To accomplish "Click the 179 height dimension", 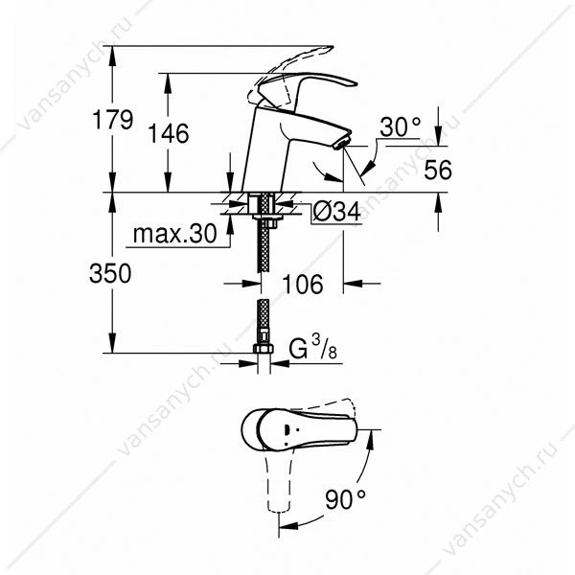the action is pyautogui.click(x=112, y=120).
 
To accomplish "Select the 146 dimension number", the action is pyautogui.click(x=169, y=133).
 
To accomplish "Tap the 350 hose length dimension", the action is pyautogui.click(x=110, y=273).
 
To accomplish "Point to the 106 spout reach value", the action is pyautogui.click(x=303, y=284).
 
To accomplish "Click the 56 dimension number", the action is pyautogui.click(x=438, y=170).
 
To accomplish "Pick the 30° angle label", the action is pyautogui.click(x=400, y=126).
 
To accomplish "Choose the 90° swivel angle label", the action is pyautogui.click(x=345, y=499).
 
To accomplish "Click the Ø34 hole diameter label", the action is pyautogui.click(x=336, y=212).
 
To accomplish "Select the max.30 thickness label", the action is pyautogui.click(x=175, y=234).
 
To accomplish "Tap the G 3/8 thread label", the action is pyautogui.click(x=312, y=348).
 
